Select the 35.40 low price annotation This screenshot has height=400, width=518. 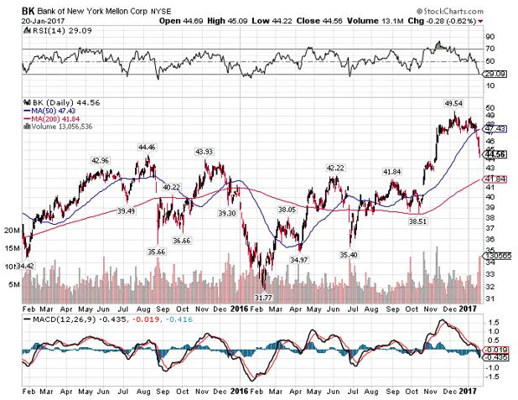[349, 253]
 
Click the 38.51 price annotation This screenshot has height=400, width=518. [418, 221]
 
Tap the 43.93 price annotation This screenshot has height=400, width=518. [205, 151]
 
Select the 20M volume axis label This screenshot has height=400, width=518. [13, 229]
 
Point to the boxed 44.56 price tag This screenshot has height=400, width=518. [495, 154]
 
